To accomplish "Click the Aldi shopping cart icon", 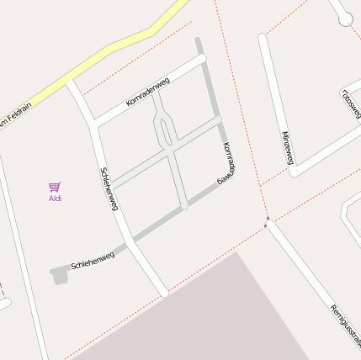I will (55, 187).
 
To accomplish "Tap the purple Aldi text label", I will (55, 199).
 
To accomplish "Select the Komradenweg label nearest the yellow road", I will (148, 92).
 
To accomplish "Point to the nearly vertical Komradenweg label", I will (227, 163).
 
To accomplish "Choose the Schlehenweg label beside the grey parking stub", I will (93, 260).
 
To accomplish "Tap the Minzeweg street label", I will (287, 146).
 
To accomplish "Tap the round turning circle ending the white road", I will (345, 19).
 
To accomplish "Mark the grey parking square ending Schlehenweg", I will (59, 275).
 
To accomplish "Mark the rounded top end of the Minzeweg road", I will (263, 39).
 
